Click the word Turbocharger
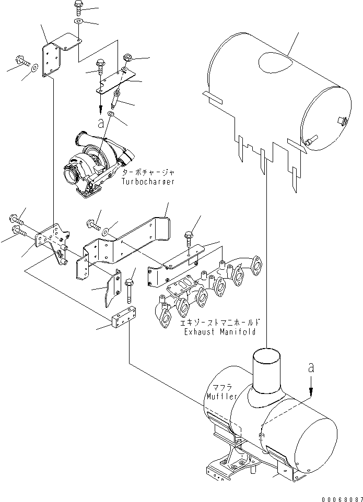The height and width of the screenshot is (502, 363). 148,182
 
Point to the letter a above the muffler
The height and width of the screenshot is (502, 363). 311,368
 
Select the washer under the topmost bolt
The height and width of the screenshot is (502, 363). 77,21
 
